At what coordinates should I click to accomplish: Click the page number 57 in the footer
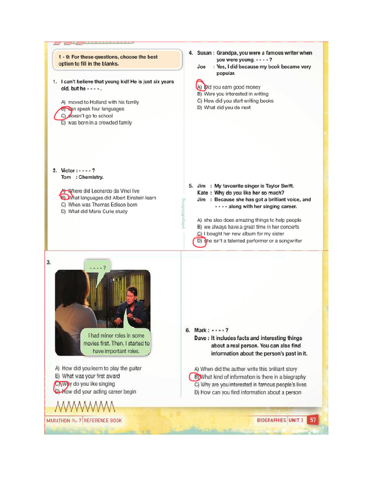(312, 420)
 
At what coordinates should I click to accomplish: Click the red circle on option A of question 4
(200, 85)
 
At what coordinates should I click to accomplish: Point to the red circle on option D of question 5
(200, 241)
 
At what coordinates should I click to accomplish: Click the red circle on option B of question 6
(194, 377)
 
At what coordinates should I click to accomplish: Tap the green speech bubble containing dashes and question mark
(98, 266)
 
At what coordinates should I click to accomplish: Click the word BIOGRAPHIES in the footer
(271, 420)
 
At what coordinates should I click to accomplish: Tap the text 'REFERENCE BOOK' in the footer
(102, 420)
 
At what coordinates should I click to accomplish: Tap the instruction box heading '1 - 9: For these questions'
(108, 60)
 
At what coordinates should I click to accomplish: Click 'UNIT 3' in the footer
(295, 420)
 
